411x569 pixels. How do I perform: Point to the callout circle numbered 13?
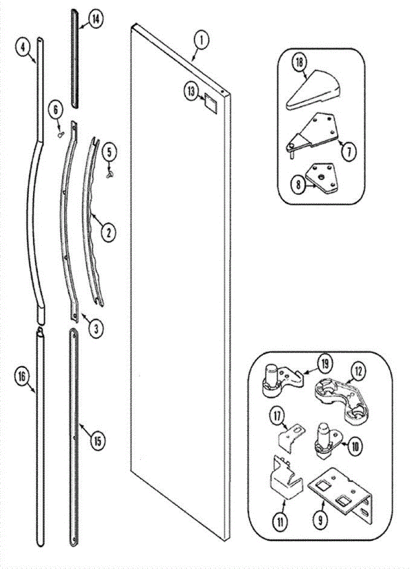point(192,92)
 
